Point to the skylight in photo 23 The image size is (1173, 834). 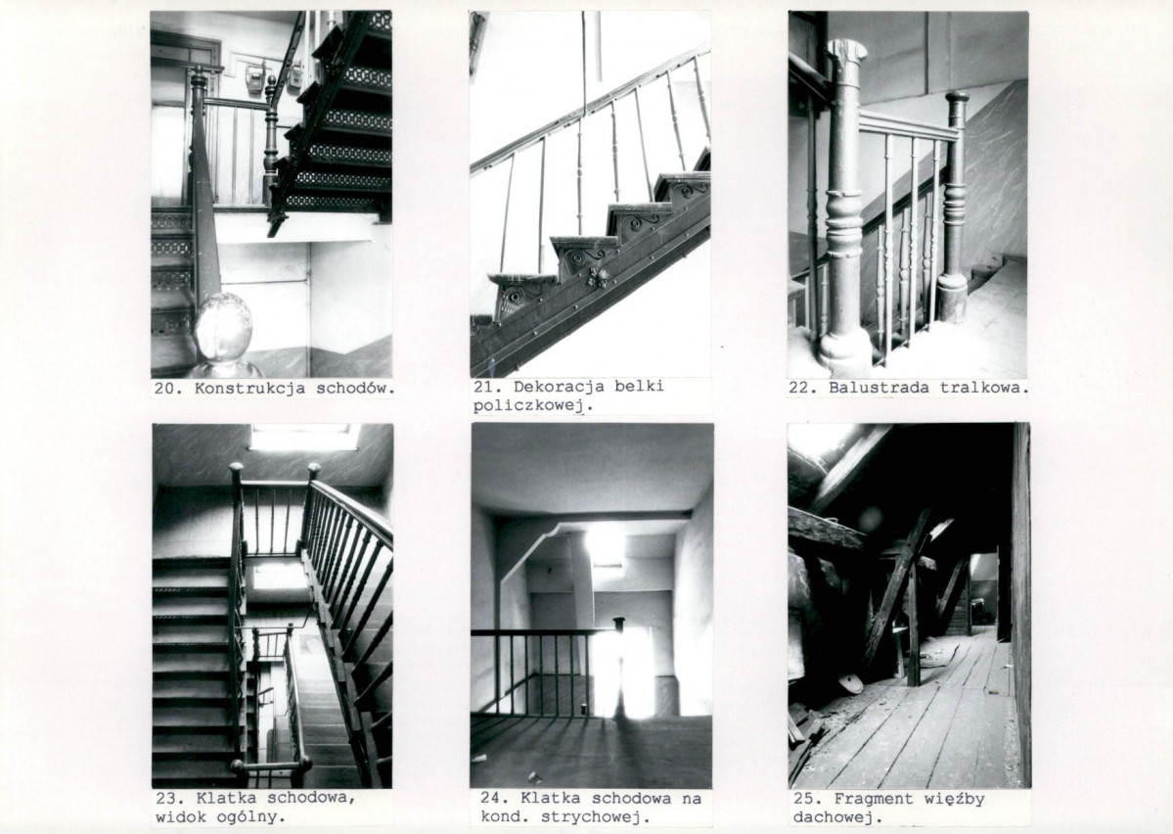[x=299, y=438]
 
